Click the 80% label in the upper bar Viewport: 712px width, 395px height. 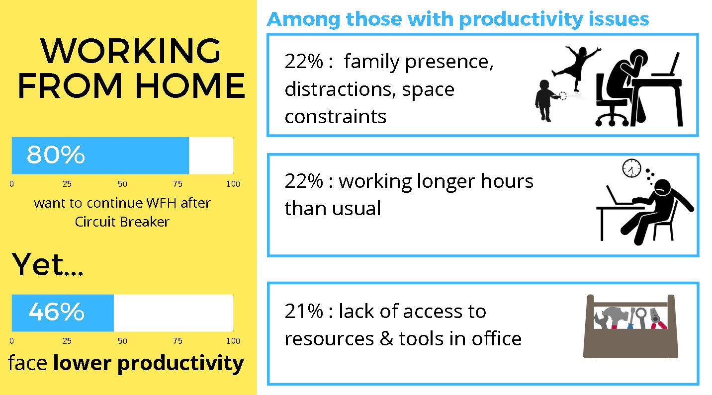(56, 155)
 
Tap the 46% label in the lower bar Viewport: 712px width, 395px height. (57, 312)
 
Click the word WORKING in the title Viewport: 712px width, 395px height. (130, 51)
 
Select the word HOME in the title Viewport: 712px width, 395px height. (190, 85)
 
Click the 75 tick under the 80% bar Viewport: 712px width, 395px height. (178, 184)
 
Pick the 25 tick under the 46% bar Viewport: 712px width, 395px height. (67, 341)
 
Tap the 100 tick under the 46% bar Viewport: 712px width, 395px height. (233, 341)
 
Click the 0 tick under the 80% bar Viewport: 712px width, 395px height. (12, 184)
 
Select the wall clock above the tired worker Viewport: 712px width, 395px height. (631, 168)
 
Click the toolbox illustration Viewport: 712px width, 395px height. (630, 326)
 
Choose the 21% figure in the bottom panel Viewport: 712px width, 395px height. (304, 311)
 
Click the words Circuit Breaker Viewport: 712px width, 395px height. (122, 222)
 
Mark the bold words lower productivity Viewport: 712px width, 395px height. (149, 363)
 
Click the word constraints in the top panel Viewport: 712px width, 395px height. (335, 117)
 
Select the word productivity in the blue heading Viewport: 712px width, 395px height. (521, 20)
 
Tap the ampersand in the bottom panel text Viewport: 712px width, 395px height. (386, 338)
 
